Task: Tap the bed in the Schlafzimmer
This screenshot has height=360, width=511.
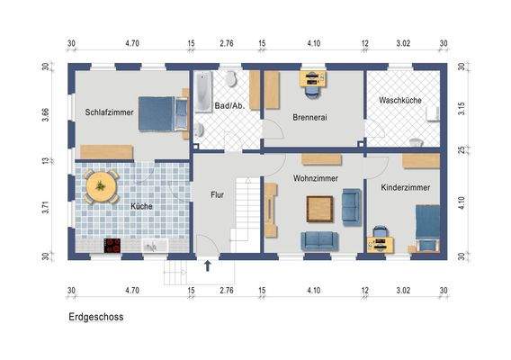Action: tap(163, 112)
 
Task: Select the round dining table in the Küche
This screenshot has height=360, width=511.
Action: tap(101, 188)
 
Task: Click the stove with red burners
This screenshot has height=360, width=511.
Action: tap(113, 244)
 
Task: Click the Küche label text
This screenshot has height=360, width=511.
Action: tap(141, 206)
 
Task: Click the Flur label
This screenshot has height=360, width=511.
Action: tap(217, 193)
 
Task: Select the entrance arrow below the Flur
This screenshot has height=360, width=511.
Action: tap(208, 265)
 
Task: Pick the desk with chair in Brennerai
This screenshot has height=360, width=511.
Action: tap(313, 81)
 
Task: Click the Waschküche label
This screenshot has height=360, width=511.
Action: tap(400, 100)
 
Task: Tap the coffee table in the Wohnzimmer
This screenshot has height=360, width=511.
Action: tap(318, 209)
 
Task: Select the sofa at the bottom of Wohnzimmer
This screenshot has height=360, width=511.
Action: tap(318, 240)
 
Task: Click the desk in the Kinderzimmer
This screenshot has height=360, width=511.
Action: tap(380, 239)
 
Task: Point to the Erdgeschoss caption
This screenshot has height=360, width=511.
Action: tap(95, 317)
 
